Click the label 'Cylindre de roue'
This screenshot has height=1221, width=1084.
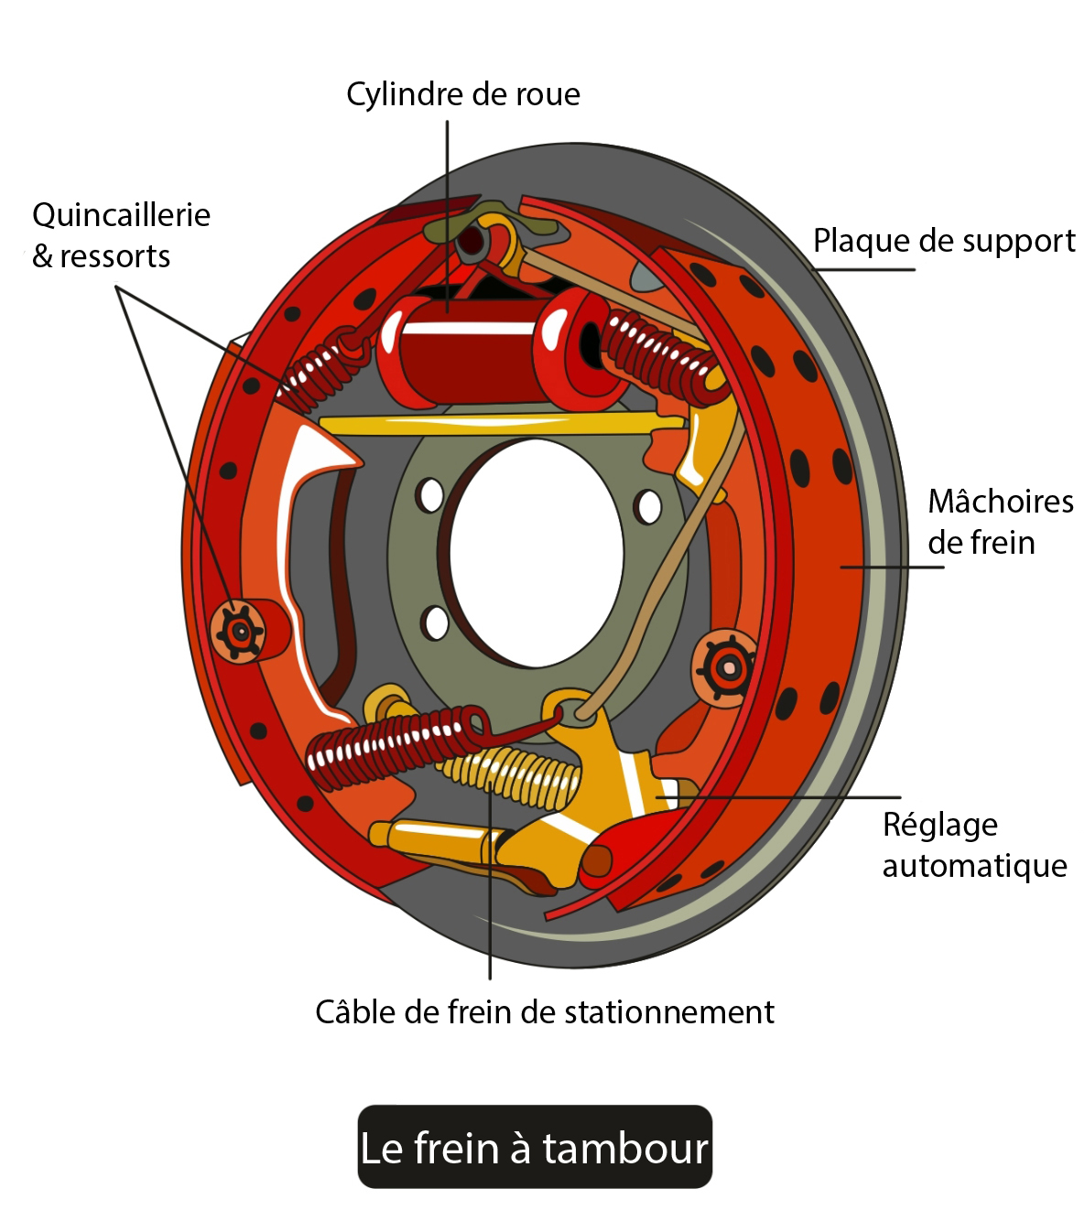click(x=462, y=94)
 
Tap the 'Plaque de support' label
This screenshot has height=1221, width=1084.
click(x=944, y=241)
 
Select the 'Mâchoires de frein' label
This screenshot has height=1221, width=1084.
click(x=1000, y=522)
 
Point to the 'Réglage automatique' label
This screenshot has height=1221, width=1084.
click(x=974, y=845)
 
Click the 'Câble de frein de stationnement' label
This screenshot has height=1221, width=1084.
click(x=545, y=1012)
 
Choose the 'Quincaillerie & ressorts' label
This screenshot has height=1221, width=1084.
click(x=121, y=235)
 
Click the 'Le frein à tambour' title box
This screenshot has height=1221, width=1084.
click(x=535, y=1147)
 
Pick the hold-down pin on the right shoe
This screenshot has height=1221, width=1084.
click(x=727, y=667)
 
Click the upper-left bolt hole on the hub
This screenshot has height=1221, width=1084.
click(x=429, y=495)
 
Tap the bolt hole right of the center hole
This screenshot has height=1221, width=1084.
click(x=648, y=506)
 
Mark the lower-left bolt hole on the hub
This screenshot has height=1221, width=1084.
click(x=435, y=623)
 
